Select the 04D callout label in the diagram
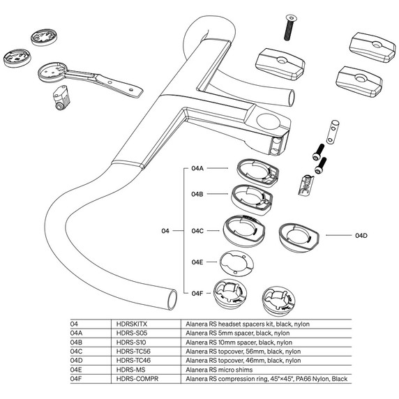[x=361, y=236]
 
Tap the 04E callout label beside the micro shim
[x=197, y=262]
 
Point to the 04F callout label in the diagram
[x=197, y=293]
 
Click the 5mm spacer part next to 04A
[x=255, y=170]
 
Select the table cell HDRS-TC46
[x=132, y=361]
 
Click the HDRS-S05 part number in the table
[x=130, y=334]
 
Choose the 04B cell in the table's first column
[x=77, y=343]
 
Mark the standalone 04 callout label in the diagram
[x=165, y=230]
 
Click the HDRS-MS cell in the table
[x=128, y=370]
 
